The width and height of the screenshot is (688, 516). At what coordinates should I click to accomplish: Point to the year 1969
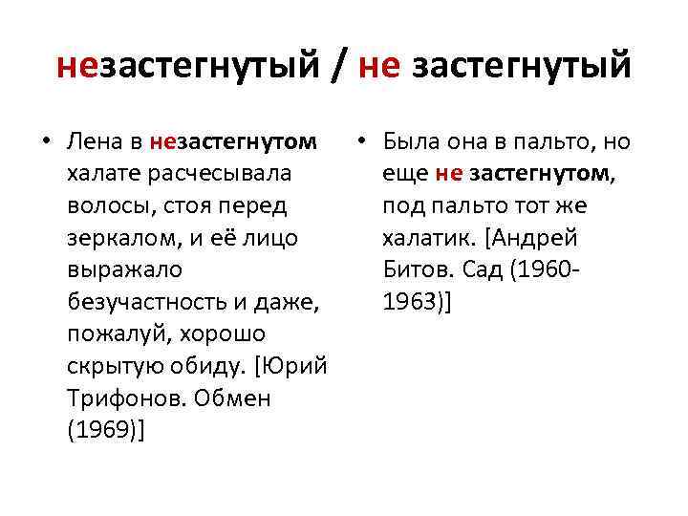pos(104,431)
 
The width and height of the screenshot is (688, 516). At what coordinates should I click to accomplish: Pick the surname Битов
pos(418,270)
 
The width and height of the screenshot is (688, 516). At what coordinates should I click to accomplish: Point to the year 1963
pos(412,303)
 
